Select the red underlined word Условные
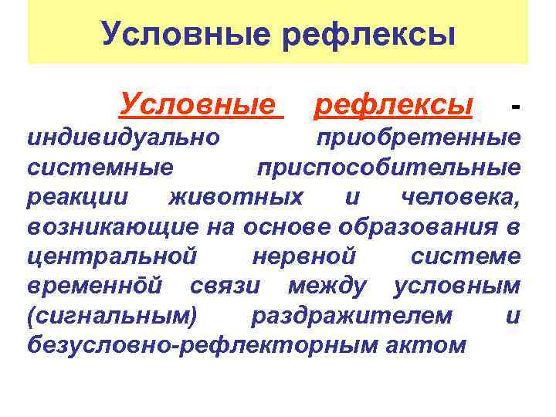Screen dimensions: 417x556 (200, 102)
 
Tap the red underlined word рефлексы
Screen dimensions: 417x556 (393, 102)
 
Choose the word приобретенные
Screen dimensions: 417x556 (418, 138)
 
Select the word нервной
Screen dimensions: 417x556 (303, 256)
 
